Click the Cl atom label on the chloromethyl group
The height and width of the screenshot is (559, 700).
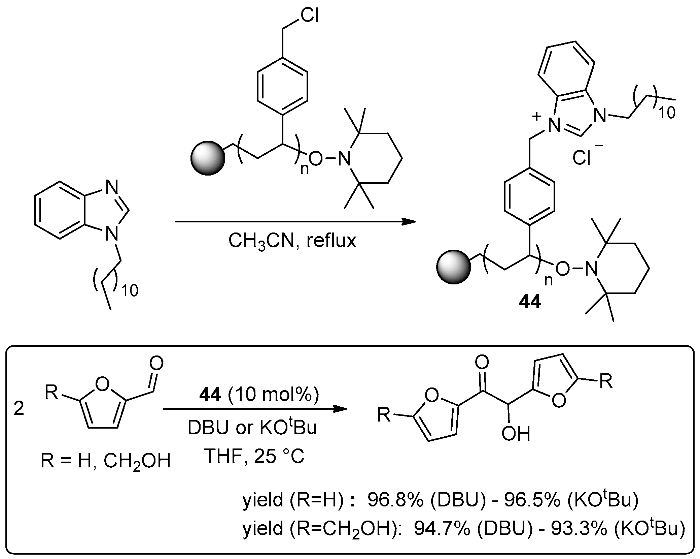click(309, 16)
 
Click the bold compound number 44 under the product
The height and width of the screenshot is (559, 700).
click(530, 302)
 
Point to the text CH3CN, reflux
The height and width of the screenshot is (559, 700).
click(292, 241)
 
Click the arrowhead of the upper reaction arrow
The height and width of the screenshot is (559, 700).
click(409, 221)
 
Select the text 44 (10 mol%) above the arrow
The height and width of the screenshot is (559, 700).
click(259, 395)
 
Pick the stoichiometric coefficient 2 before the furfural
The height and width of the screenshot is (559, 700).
click(19, 409)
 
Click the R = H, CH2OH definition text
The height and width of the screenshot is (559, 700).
click(105, 461)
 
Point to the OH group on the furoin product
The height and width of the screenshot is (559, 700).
click(515, 434)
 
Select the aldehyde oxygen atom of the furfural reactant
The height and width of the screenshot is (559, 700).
click(156, 364)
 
